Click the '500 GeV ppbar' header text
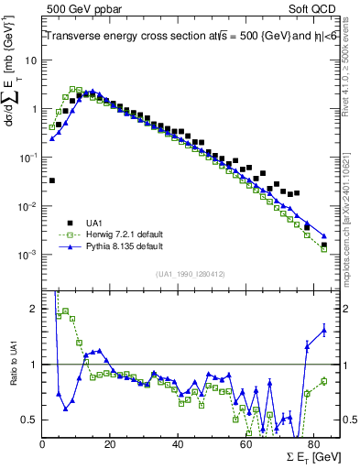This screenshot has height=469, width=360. click(x=75, y=7)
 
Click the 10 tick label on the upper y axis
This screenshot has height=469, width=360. click(x=32, y=60)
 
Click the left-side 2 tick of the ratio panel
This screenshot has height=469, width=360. click(x=35, y=309)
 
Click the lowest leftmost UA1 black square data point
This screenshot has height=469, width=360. click(x=52, y=180)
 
